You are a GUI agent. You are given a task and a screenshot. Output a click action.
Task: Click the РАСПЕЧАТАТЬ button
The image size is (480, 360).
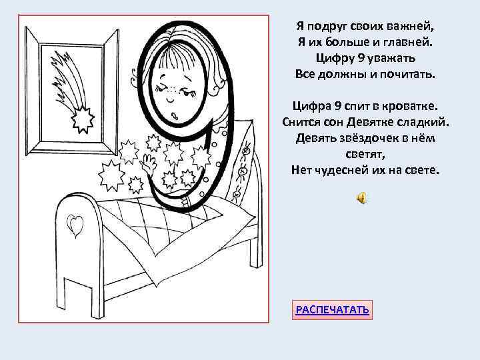pyautogui.click(x=333, y=310)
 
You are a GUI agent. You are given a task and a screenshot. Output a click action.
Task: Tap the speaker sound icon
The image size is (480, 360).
pyautogui.click(x=361, y=198)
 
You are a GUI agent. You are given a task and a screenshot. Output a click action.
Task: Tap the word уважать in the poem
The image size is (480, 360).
pyautogui.click(x=389, y=57)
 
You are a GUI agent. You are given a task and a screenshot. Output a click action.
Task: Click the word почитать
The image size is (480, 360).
pyautogui.click(x=407, y=73)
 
